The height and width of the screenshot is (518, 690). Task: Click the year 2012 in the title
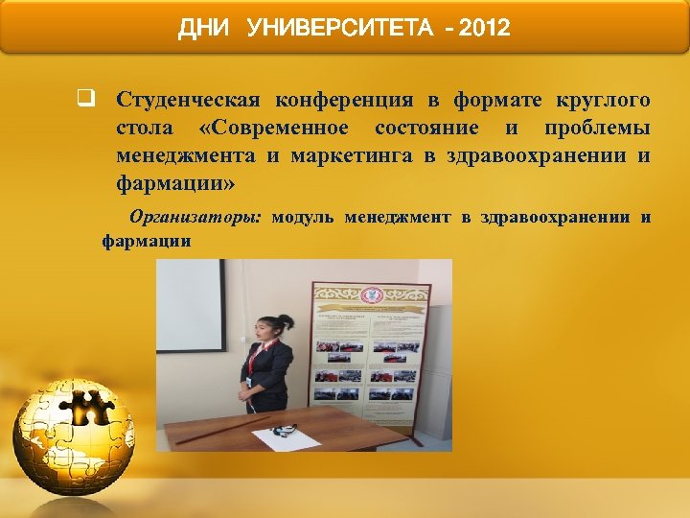[x=484, y=29]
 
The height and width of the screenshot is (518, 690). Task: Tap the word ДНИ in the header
[x=205, y=29]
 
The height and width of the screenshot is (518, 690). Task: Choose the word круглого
[x=604, y=100]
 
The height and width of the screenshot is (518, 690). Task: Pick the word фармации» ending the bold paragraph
[x=173, y=182]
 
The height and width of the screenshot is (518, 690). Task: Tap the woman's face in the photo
[x=262, y=335]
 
